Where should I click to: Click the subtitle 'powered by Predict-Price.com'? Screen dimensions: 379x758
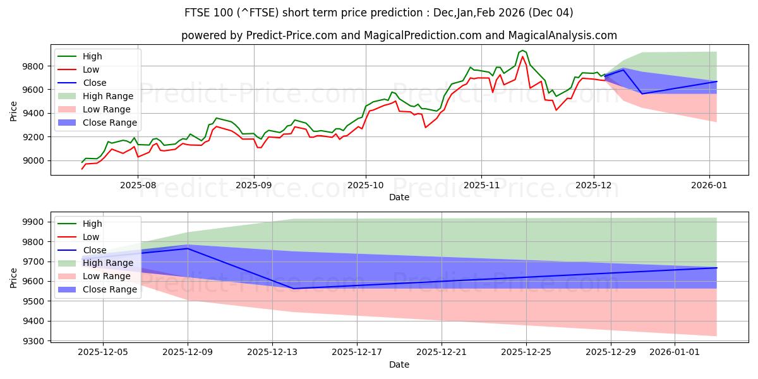coord(399,35)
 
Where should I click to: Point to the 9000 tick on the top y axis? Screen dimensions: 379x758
coord(35,160)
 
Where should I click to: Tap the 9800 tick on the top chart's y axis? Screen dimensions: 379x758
coord(35,66)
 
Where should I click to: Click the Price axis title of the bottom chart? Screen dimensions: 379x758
coord(14,278)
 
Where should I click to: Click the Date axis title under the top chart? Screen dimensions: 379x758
coord(399,197)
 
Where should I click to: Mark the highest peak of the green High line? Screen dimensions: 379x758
coord(522,50)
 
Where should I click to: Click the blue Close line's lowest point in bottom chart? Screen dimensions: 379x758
coord(293,289)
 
